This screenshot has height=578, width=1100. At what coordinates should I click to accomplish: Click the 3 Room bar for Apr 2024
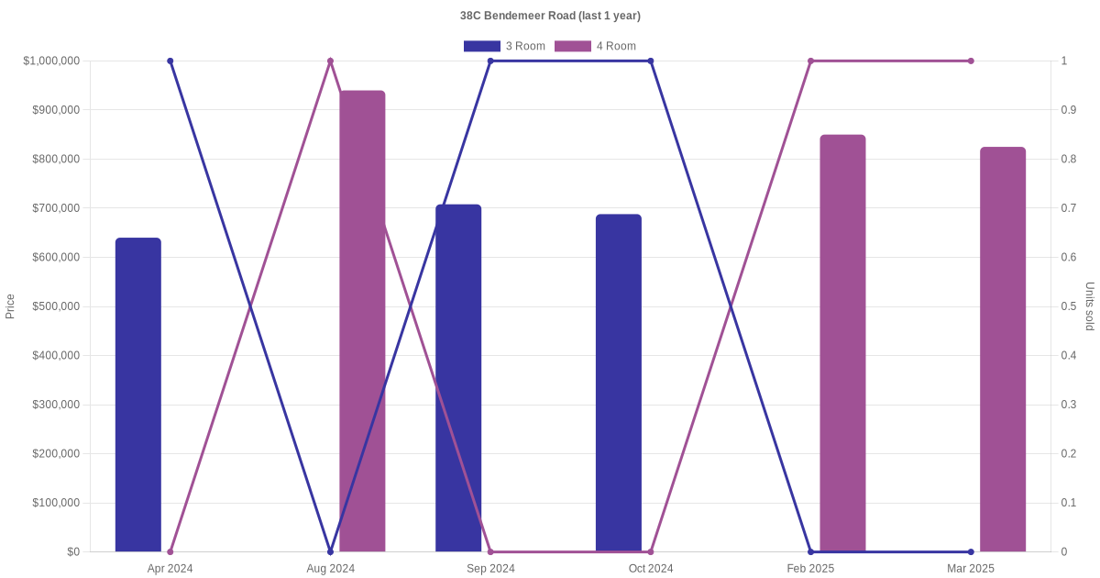point(138,395)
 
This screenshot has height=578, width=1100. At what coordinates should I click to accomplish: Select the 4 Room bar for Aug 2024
point(362,321)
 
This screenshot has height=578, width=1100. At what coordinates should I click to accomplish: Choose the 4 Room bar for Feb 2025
point(842,343)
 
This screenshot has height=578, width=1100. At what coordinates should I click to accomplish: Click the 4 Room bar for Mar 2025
point(1003,350)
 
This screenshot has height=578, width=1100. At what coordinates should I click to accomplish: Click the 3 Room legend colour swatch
point(482,46)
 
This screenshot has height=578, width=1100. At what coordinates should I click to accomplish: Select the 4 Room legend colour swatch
point(573,46)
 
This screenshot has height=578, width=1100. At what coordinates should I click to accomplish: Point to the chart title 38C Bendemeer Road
point(550,16)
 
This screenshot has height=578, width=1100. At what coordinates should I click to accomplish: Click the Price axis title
point(10,306)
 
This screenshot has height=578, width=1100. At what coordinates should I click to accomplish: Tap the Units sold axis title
point(1090,306)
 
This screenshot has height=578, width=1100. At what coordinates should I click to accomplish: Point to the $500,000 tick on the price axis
point(56,306)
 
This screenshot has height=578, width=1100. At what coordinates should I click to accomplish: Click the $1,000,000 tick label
point(52,61)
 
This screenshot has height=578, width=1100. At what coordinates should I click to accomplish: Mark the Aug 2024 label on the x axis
point(330,569)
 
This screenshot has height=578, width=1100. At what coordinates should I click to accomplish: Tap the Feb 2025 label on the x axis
point(810,569)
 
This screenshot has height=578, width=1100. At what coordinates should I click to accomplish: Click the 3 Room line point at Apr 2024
point(170,61)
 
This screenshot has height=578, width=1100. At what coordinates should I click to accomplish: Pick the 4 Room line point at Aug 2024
point(330,61)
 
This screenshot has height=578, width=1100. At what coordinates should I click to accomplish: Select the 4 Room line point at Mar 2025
point(971,61)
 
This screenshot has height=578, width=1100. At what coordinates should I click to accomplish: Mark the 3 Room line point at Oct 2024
point(651,61)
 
